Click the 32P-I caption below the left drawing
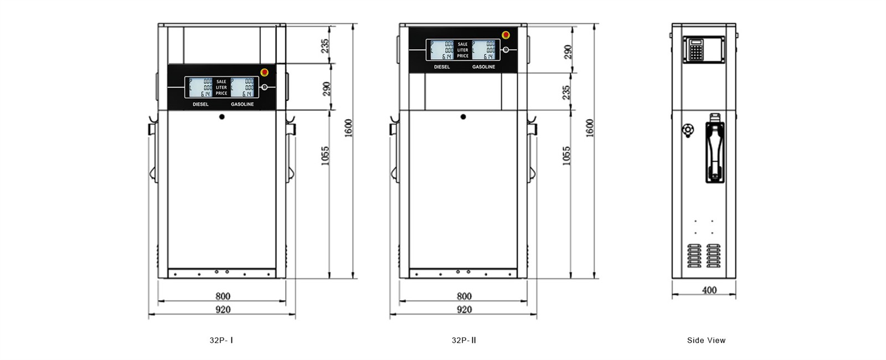[221, 340]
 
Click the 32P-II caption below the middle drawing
[464, 340]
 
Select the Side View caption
[706, 340]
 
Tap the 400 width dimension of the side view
[709, 290]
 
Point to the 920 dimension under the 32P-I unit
[223, 310]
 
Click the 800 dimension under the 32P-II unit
[464, 296]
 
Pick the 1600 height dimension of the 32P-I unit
[348, 128]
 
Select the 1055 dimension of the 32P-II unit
[566, 156]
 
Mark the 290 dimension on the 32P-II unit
[568, 52]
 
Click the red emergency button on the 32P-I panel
[265, 72]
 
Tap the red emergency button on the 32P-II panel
[506, 35]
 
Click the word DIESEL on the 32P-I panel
[200, 104]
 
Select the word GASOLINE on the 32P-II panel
[483, 67]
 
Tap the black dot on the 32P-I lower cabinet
[221, 117]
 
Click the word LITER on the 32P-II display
[462, 50]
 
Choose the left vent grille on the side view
[694, 255]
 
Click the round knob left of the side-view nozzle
[687, 130]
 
